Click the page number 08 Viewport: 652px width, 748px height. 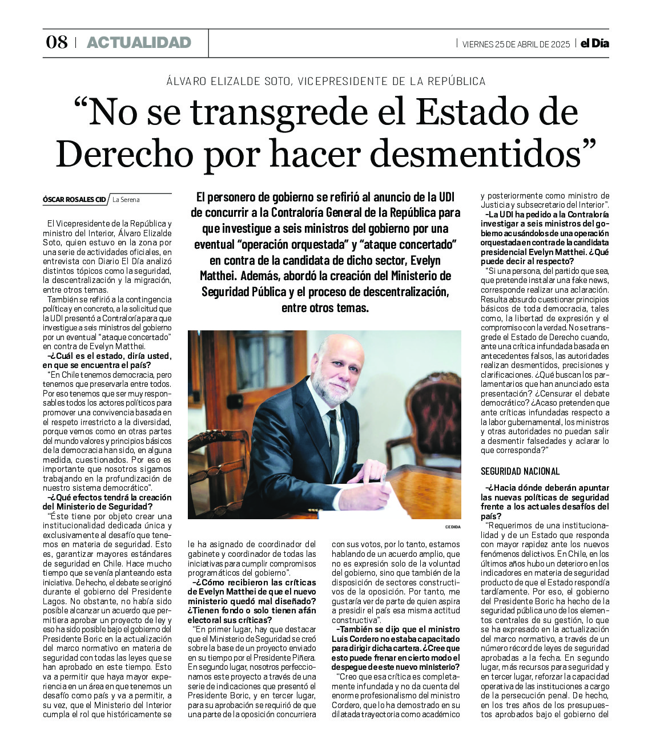point(57,42)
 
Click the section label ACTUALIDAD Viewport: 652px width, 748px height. point(139,42)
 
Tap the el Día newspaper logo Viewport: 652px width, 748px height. point(595,43)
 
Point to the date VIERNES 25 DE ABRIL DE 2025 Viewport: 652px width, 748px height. point(516,44)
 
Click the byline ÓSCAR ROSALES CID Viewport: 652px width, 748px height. point(74,200)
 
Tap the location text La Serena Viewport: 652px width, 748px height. point(126,200)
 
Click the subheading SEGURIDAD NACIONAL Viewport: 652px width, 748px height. point(520,471)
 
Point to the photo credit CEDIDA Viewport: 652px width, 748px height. point(453,527)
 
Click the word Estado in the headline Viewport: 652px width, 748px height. point(468,112)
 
